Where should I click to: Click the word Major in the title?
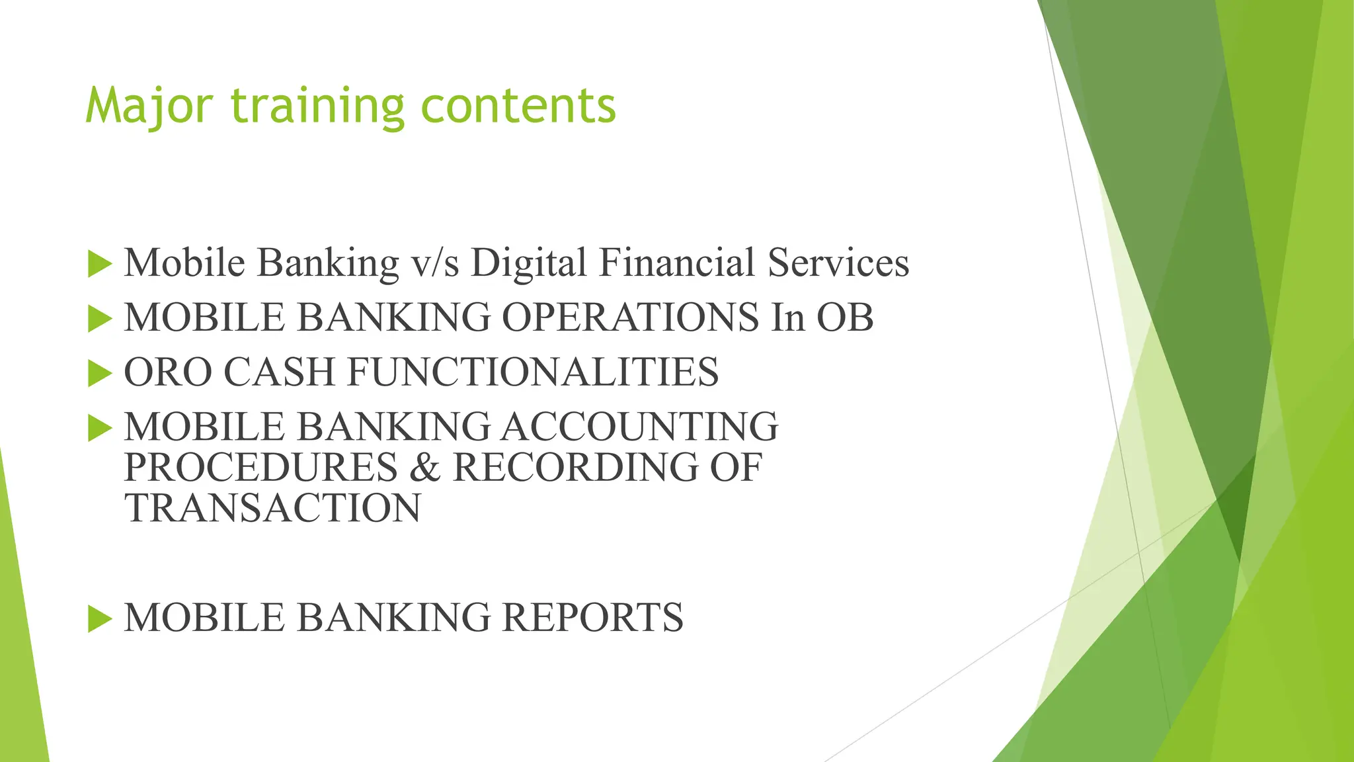coord(149,106)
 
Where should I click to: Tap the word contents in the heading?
coord(518,106)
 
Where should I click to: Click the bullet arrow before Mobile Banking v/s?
coord(100,264)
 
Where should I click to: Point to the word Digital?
coord(529,263)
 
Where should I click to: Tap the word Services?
coord(838,262)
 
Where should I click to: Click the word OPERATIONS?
coord(630,317)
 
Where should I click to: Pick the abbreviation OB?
coord(845,317)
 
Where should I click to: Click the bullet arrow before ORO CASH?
coord(100,374)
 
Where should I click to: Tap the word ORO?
coord(168,372)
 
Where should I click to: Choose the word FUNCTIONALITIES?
coord(533,372)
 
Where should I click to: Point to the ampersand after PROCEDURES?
coord(424,468)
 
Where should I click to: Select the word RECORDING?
coord(575,467)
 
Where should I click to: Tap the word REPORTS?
coord(592,617)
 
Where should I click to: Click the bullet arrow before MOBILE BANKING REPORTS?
coord(100,619)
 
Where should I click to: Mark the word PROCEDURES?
coord(260,467)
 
